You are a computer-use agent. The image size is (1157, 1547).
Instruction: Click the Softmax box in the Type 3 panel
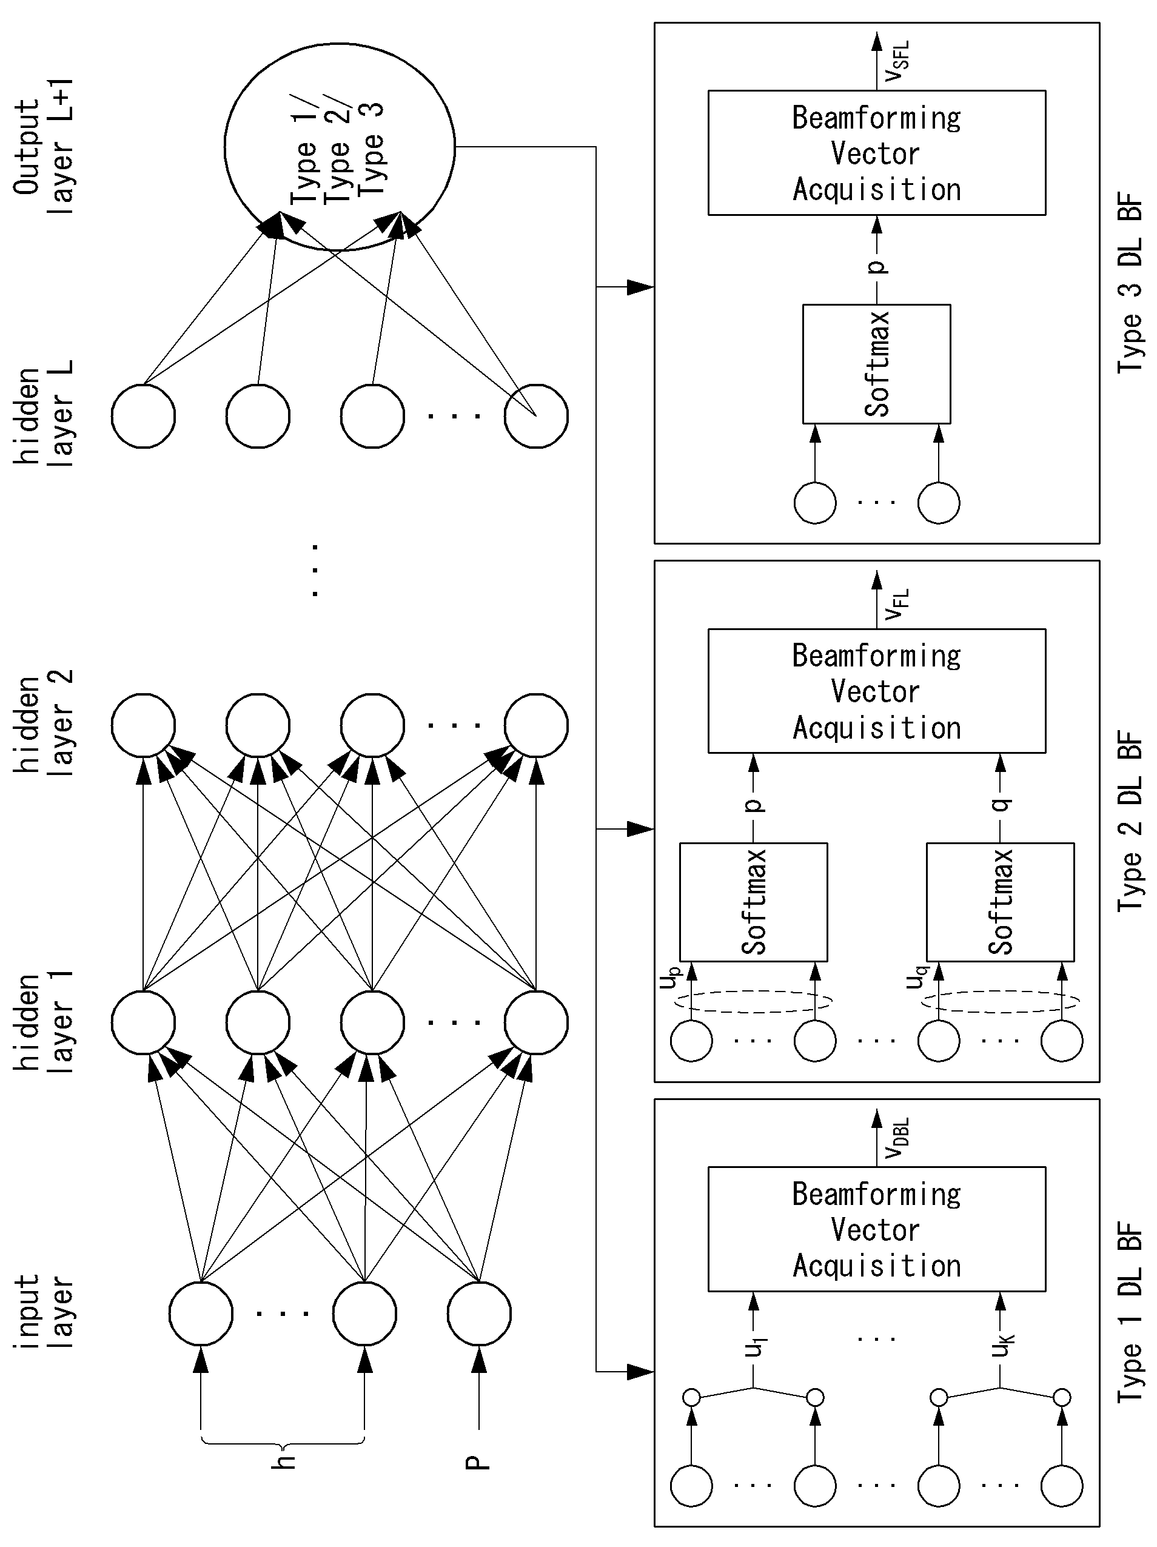pos(876,364)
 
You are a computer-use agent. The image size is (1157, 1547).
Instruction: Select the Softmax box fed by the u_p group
pos(753,902)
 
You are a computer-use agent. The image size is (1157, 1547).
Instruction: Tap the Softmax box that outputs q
pos(1001,902)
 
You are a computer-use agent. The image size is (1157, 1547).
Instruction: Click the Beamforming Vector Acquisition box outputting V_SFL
pos(876,152)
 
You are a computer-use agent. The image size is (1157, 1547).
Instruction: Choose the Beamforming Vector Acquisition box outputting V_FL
pos(876,691)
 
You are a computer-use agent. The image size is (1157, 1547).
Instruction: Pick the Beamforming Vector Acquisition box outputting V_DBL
pos(876,1229)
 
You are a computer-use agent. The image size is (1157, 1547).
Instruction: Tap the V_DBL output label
pos(897,1138)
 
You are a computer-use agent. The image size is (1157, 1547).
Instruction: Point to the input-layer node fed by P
pos(479,1313)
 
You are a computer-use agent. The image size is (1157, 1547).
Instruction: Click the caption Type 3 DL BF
pos(1130,283)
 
